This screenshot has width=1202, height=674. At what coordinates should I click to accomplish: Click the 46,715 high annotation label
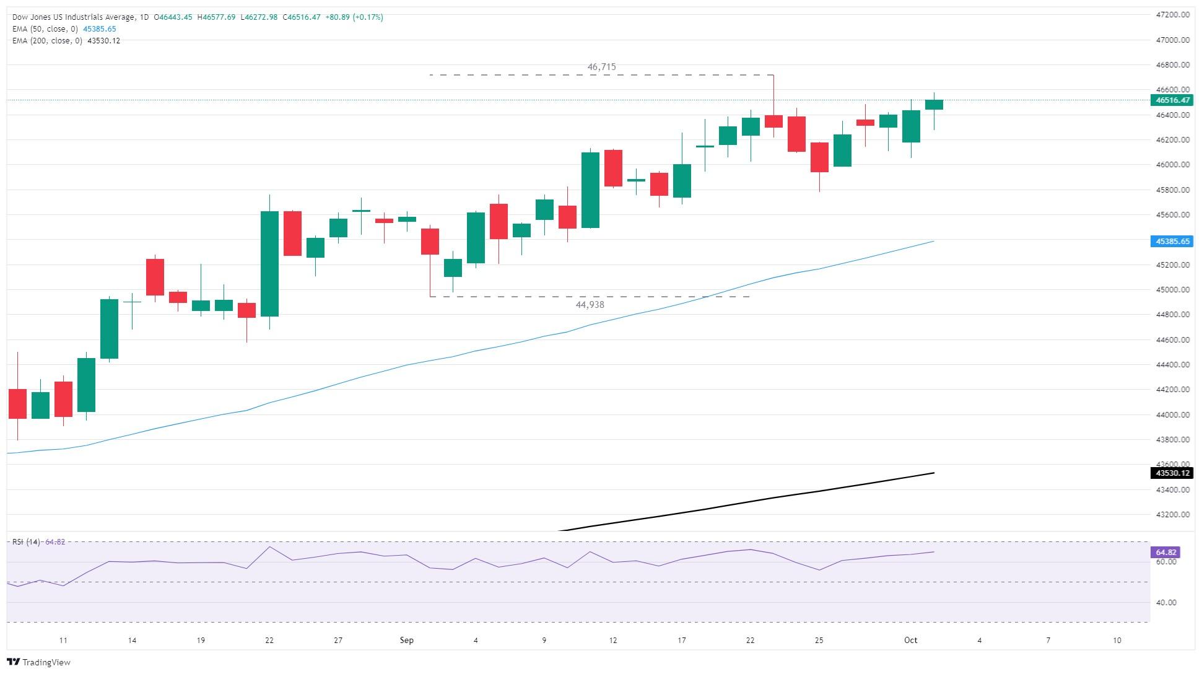[601, 67]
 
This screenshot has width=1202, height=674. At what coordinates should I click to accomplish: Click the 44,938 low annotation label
[590, 305]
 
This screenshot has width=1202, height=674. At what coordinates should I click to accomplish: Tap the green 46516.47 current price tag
[1172, 100]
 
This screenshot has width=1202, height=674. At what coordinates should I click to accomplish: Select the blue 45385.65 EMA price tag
[1172, 242]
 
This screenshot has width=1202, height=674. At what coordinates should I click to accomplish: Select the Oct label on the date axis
[910, 640]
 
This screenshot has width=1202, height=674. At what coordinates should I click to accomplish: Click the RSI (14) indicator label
[26, 542]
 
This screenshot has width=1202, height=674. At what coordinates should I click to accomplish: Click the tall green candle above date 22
[269, 264]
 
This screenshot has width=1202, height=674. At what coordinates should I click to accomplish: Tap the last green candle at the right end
[934, 105]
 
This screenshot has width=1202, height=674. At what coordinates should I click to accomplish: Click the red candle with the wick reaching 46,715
[773, 121]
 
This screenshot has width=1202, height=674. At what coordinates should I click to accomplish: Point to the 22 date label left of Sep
[269, 640]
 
